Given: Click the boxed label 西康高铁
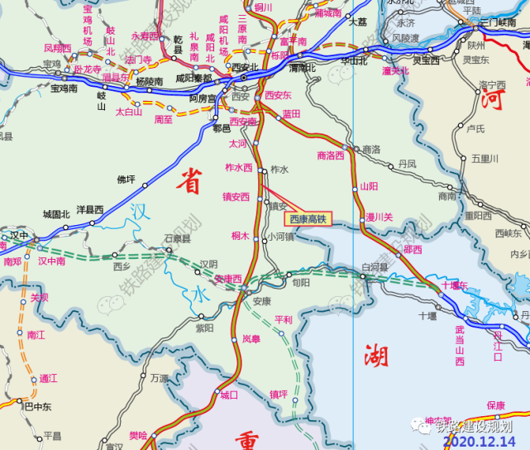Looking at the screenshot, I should click(308, 219).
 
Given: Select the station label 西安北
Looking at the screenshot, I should click(246, 67).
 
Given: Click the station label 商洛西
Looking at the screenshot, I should click(330, 155).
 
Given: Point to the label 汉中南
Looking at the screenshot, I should click(51, 261).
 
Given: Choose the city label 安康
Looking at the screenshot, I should click(262, 300).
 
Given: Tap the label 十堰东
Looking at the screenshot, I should click(454, 285).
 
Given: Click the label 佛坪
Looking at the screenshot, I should click(126, 179).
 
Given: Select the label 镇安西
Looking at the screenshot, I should click(236, 197).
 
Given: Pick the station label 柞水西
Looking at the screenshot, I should click(238, 167).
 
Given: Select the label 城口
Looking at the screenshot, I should click(229, 395).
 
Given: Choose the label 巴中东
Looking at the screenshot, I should click(37, 406).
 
